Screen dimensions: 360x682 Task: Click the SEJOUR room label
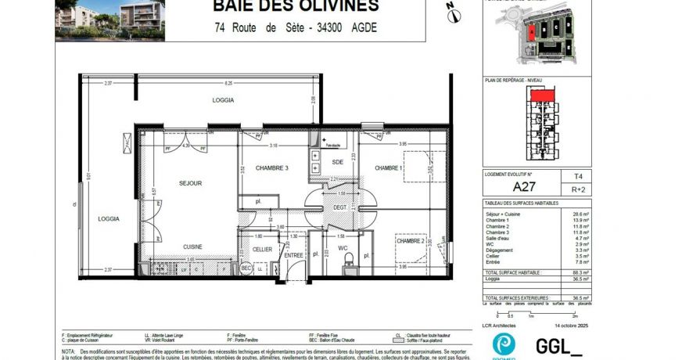click(x=190, y=183)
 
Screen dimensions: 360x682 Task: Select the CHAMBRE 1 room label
click(x=389, y=168)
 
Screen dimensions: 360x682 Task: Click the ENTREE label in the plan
click(x=293, y=255)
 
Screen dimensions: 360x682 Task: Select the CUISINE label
click(x=192, y=247)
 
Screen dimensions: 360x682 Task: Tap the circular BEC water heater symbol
click(x=246, y=268)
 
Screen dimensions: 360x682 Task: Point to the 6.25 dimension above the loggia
click(x=228, y=83)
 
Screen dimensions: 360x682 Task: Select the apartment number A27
click(x=523, y=187)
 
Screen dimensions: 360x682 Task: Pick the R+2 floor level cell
click(x=577, y=189)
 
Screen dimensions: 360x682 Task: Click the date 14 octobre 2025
click(x=571, y=325)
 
